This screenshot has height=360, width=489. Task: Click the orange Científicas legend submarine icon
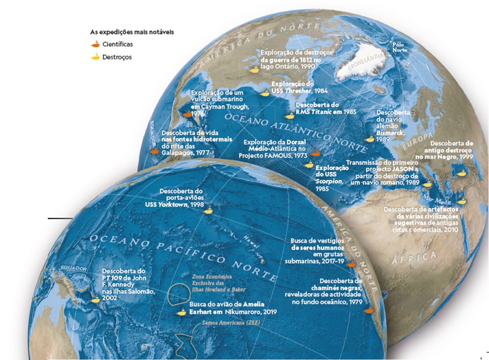(95, 44)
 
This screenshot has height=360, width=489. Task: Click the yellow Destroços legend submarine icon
(95, 57)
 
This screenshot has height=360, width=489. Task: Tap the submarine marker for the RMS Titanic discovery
(290, 117)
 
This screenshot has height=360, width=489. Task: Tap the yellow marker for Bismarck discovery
(369, 139)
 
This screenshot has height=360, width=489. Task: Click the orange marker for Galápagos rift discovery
(155, 151)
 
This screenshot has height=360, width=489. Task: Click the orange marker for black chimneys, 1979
(368, 310)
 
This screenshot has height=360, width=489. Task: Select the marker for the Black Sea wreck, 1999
(462, 173)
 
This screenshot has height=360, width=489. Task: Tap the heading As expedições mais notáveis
(132, 32)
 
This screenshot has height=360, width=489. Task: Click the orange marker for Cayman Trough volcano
(187, 114)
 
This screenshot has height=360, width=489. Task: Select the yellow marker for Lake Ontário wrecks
(253, 70)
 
